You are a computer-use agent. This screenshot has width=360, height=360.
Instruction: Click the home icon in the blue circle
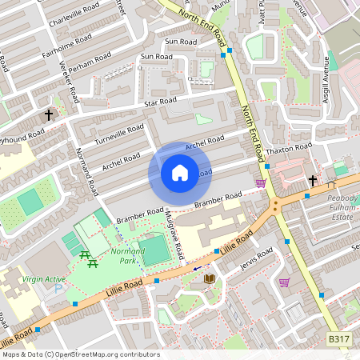click(180, 173)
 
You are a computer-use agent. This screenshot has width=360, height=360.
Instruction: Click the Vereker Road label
click(69, 83)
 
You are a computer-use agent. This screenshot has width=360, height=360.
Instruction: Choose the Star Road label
click(159, 102)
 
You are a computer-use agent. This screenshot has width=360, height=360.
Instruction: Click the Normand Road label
click(86, 171)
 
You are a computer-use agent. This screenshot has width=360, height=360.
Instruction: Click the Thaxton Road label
click(289, 149)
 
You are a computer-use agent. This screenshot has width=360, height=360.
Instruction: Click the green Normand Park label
click(127, 256)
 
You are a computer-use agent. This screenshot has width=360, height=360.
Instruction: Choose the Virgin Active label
click(45, 278)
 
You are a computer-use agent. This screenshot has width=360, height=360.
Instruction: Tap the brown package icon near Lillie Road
click(210, 278)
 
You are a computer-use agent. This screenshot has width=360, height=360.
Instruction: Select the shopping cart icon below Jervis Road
click(284, 282)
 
